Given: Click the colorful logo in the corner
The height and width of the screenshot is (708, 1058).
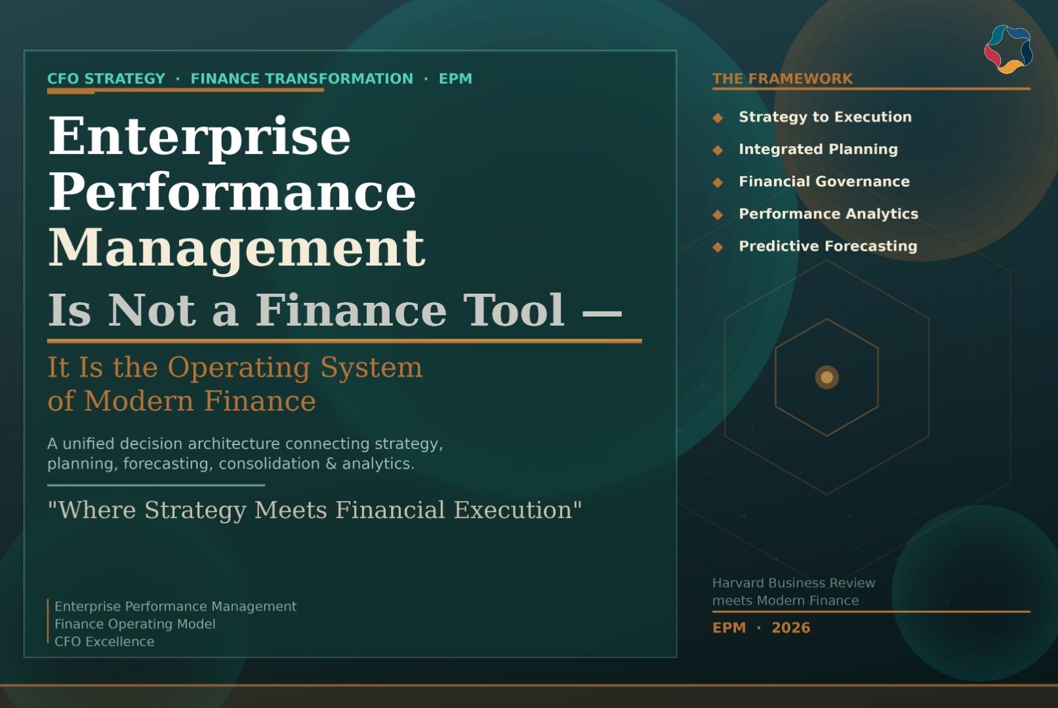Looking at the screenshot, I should point(1008,49).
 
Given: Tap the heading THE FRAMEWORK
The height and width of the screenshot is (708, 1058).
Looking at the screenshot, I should point(782,79).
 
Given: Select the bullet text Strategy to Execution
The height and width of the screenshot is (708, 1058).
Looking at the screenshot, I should point(824,117).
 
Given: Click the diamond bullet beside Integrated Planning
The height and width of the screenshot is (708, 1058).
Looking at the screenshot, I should point(718,150).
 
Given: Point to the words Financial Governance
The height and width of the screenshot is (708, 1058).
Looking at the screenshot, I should point(824,182).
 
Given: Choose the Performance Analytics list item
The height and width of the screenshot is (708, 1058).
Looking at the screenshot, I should point(828,214).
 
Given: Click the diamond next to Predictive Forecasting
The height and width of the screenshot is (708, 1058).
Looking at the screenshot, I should point(718,247).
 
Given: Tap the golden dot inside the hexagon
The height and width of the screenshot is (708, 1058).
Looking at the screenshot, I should point(826,377).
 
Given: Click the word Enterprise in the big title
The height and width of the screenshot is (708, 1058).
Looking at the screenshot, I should point(199,136).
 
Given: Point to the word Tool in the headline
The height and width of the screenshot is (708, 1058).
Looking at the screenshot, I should point(514,309).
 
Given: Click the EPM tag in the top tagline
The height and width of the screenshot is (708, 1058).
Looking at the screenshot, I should point(455,79).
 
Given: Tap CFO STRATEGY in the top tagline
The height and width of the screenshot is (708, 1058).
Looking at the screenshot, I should point(106,79).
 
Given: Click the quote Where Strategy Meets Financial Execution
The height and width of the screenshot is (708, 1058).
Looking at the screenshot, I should point(314,510).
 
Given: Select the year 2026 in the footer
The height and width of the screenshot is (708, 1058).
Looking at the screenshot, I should point(790,628).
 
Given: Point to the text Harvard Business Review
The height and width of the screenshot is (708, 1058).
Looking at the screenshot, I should point(793,583).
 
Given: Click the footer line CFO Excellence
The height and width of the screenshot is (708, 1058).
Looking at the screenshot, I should point(104,642).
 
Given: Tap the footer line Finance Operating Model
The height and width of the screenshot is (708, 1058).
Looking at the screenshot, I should point(134,624).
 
